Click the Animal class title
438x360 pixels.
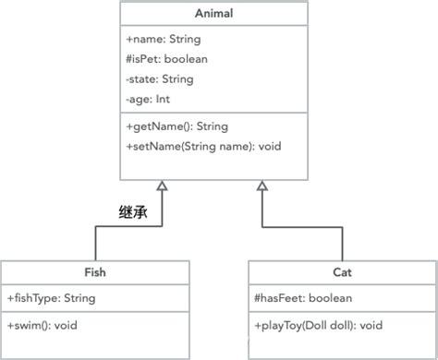(x=213, y=14)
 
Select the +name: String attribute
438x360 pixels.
(x=162, y=40)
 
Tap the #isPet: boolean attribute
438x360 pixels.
(x=166, y=59)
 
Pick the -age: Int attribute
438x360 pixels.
(x=148, y=99)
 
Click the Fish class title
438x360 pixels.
(x=94, y=272)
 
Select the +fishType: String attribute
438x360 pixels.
(x=51, y=298)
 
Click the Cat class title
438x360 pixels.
(x=342, y=272)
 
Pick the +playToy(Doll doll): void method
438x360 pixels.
(x=318, y=326)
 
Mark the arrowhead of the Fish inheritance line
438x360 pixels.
(x=162, y=187)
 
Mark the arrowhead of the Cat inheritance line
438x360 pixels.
(x=263, y=187)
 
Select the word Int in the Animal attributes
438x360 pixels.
(x=164, y=99)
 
